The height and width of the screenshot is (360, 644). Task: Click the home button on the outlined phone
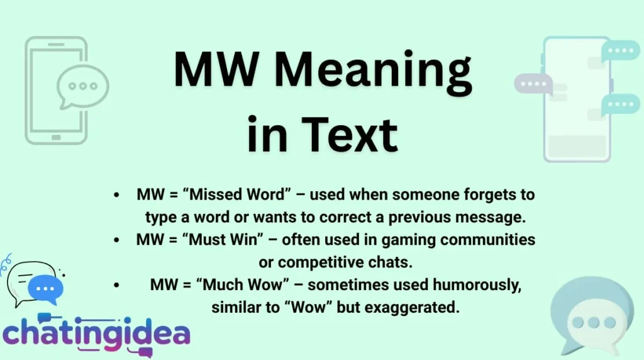point(56,137)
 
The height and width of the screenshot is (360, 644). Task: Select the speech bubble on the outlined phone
point(82,86)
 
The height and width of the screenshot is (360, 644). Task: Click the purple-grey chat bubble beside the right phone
point(532,84)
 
